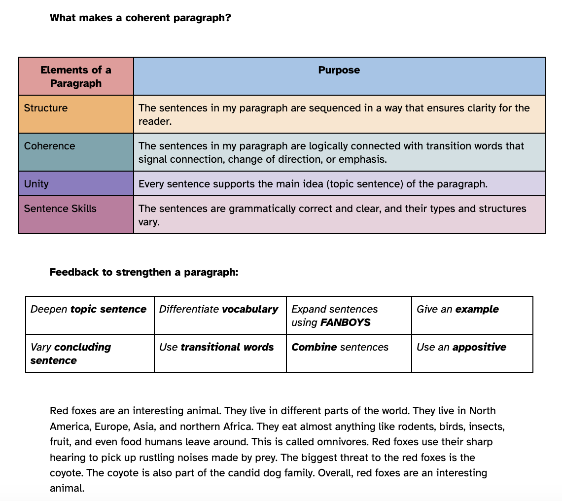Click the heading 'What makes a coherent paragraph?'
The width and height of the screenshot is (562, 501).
click(140, 18)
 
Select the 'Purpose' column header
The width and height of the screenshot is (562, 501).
click(339, 70)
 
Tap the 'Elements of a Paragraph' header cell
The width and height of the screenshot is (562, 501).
click(76, 76)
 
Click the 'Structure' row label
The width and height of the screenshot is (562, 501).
click(46, 108)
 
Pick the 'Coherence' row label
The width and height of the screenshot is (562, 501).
click(49, 146)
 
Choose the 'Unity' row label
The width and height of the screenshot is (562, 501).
click(36, 184)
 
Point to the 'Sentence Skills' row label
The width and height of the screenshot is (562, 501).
click(60, 209)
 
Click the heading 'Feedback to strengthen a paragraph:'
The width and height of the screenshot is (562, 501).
click(144, 272)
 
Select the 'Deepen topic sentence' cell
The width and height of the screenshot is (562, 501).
click(89, 309)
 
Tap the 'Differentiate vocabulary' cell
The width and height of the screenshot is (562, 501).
click(218, 309)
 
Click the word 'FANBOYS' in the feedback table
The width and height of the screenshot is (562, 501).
click(346, 322)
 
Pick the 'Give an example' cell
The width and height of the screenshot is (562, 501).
click(457, 309)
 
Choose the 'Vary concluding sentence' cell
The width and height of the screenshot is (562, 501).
click(70, 354)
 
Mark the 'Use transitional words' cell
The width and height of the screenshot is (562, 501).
click(216, 347)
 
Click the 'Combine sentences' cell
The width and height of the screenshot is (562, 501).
click(340, 347)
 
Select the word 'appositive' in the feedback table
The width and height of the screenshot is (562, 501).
click(479, 347)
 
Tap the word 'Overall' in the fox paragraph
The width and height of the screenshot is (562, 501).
click(335, 473)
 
